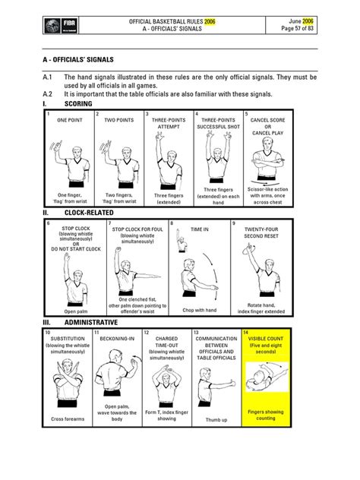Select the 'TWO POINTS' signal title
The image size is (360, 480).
click(118, 120)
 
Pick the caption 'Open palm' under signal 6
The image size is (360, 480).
click(76, 311)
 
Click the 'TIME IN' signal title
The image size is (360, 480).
click(199, 227)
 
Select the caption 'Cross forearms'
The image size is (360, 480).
click(68, 419)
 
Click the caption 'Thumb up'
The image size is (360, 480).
click(215, 419)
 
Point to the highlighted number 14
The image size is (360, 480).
click(245, 333)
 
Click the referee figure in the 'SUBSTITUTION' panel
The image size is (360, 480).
click(68, 384)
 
